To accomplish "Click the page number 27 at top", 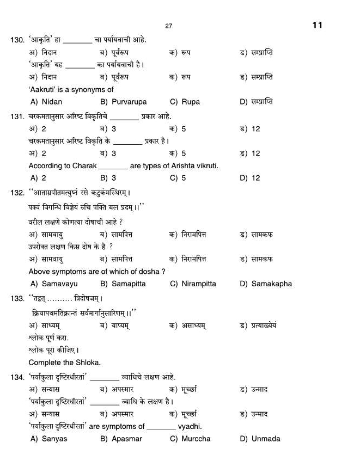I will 168,26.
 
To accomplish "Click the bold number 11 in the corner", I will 318,25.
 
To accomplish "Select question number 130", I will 17,40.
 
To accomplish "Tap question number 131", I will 17,116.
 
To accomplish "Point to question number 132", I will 17,193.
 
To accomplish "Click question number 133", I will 17,298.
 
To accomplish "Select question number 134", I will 17,377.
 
